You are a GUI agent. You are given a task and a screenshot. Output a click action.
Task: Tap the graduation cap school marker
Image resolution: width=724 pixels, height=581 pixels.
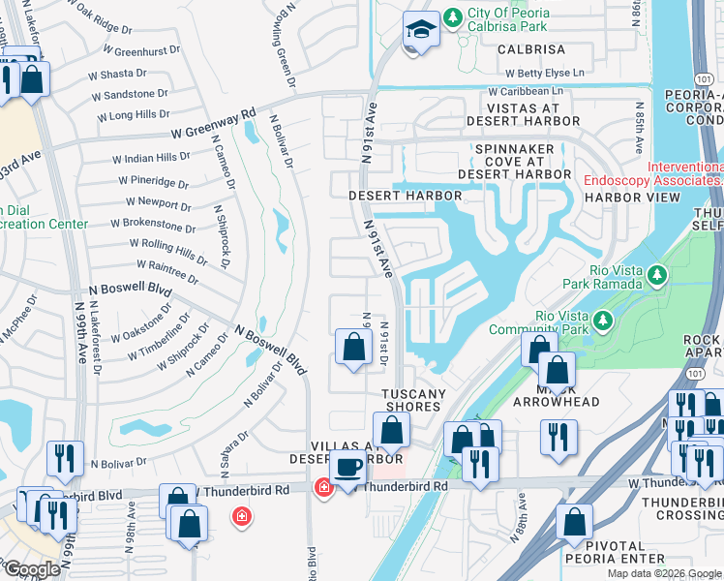tap(421, 32)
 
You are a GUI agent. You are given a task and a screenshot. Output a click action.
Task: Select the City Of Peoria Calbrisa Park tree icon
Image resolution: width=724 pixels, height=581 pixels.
tap(451, 18)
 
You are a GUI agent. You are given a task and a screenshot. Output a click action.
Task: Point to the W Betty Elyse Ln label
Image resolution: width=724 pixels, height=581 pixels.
tap(545, 73)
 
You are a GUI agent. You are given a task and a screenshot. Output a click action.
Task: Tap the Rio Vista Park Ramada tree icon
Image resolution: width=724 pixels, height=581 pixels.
tap(657, 277)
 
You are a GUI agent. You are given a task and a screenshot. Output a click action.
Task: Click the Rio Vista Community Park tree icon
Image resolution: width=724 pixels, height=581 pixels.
tap(604, 319)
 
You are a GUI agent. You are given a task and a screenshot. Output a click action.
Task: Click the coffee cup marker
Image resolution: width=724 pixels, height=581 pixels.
tap(347, 467)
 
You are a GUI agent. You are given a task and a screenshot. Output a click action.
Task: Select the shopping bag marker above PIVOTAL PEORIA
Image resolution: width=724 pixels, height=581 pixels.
tap(574, 522)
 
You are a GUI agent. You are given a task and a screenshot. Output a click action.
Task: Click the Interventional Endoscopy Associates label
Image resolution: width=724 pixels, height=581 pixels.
tap(652, 173)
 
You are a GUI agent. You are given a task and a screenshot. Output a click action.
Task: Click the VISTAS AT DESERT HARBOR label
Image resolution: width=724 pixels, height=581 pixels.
tap(523, 114)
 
